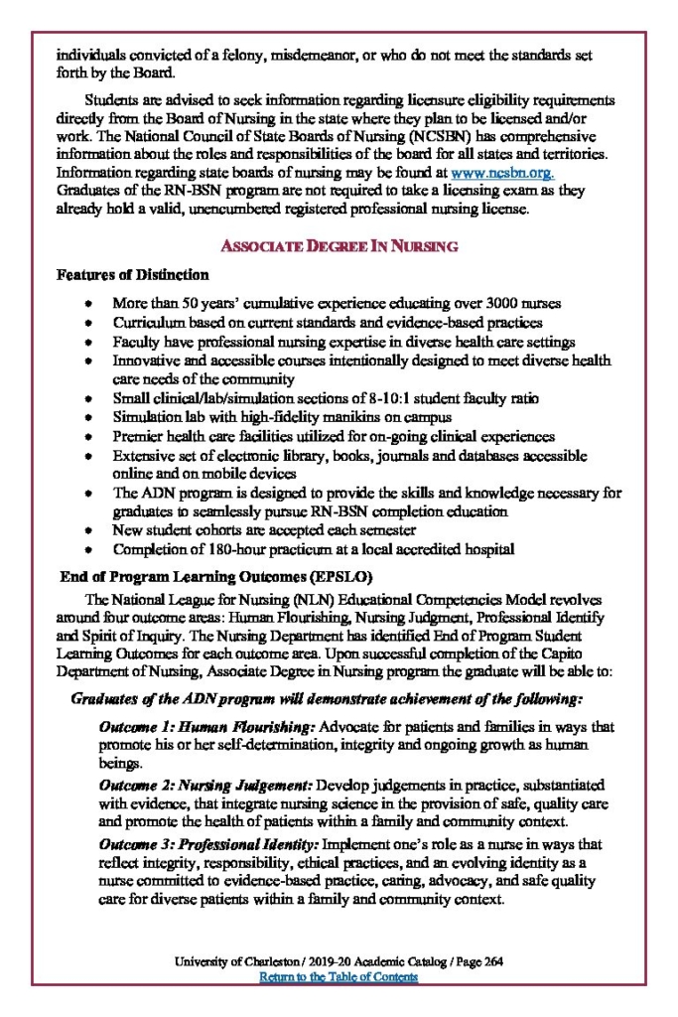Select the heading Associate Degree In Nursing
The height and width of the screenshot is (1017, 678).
(x=339, y=245)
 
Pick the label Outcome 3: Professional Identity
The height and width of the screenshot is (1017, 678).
(x=208, y=844)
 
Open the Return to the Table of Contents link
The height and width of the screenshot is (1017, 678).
(x=339, y=977)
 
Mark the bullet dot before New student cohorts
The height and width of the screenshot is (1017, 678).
(x=90, y=531)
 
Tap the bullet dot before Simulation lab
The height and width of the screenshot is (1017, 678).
(x=90, y=418)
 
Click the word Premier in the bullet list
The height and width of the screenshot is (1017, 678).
(x=138, y=437)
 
